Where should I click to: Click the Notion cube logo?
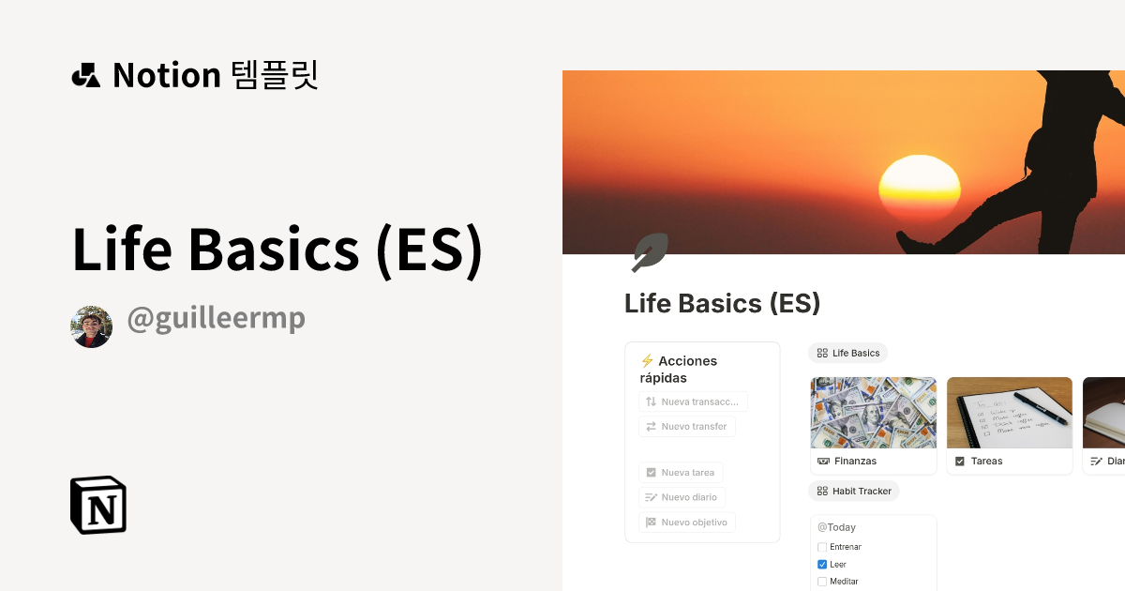tap(98, 505)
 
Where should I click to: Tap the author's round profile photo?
tap(91, 326)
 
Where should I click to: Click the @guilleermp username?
tap(216, 319)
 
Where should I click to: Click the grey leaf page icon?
tap(649, 252)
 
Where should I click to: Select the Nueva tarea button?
tap(681, 473)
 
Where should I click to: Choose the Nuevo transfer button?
tap(687, 426)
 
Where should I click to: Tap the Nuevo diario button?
tap(682, 497)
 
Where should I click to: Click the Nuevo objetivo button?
tap(687, 523)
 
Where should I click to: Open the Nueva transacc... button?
tap(693, 402)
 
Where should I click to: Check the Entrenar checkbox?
tap(822, 547)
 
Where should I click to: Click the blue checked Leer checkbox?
tap(822, 565)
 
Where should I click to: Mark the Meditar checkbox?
tap(822, 582)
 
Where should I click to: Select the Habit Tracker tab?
tap(854, 491)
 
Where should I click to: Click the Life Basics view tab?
tap(848, 353)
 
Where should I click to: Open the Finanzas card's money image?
tap(873, 413)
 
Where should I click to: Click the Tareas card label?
tap(986, 461)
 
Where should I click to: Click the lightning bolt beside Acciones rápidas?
tap(647, 361)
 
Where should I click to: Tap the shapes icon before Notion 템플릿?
tap(85, 75)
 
